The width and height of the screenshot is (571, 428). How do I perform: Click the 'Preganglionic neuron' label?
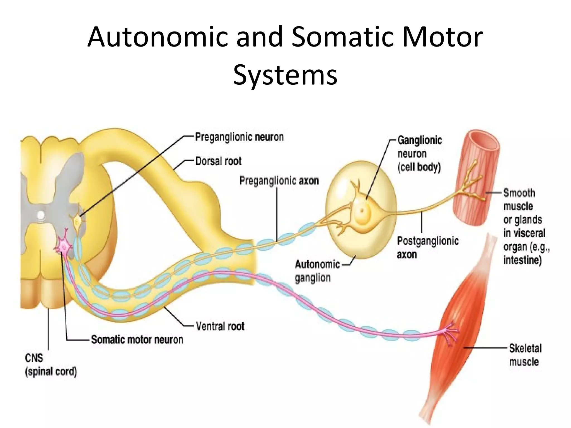[x=239, y=137]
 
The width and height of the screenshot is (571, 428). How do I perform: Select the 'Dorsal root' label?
[x=218, y=161]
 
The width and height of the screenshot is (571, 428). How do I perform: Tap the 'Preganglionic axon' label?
[x=279, y=181]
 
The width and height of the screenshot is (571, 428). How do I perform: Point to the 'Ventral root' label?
[x=220, y=326]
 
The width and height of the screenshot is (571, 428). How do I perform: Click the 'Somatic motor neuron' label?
[x=137, y=340]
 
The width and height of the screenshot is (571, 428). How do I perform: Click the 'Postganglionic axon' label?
[x=427, y=247]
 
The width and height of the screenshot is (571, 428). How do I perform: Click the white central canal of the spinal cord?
[x=41, y=215]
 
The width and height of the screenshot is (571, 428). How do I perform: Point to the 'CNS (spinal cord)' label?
[x=50, y=364]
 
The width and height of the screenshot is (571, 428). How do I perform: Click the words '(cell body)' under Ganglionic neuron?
[x=419, y=167]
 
